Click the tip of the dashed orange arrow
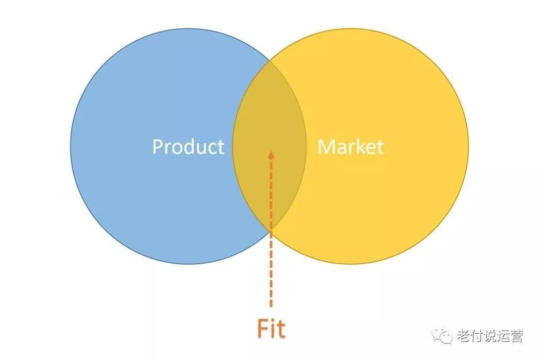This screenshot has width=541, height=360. pyautogui.click(x=271, y=151)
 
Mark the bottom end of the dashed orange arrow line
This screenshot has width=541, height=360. pyautogui.click(x=271, y=306)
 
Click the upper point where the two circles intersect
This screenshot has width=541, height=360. pyautogui.click(x=269, y=63)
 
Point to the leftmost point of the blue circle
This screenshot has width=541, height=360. pyautogui.click(x=71, y=146)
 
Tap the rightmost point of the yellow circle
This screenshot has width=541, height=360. pyautogui.click(x=468, y=146)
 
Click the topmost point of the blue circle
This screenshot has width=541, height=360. pyautogui.click(x=189, y=29)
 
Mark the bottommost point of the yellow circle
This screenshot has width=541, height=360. pyautogui.click(x=350, y=264)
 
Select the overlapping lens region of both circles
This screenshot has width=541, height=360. pyautogui.click(x=269, y=146)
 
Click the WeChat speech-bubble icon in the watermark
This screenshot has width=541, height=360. pyautogui.click(x=443, y=335)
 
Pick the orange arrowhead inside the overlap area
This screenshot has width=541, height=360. pyautogui.click(x=271, y=155)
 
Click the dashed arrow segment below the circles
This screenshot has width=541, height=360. pyautogui.click(x=271, y=269)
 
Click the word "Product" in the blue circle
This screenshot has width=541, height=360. pyautogui.click(x=189, y=147)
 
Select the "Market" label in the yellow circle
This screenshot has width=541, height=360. pyautogui.click(x=350, y=147)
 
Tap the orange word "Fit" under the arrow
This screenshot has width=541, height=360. pyautogui.click(x=272, y=329)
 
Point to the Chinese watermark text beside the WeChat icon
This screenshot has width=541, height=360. pyautogui.click(x=491, y=336)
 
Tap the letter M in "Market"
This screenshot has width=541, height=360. pyautogui.click(x=325, y=147)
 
